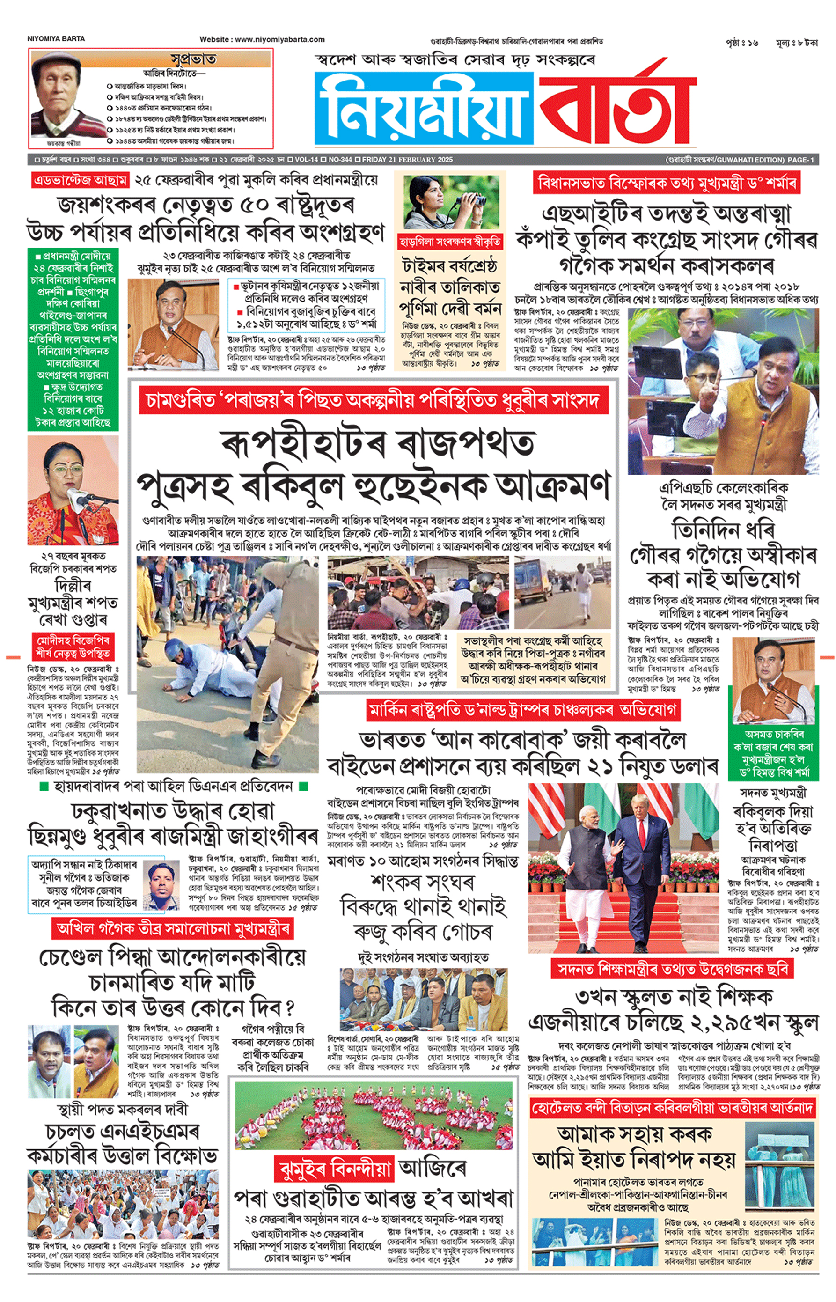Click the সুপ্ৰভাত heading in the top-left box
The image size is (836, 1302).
click(193, 59)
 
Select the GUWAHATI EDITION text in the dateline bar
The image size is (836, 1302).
click(749, 160)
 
